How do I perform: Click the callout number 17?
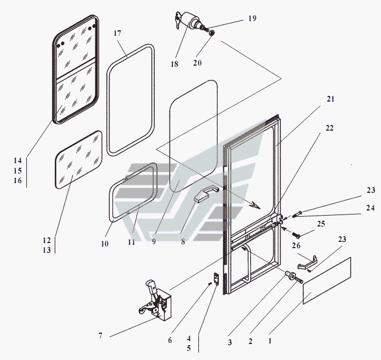coord(117,33)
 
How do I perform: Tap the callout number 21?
coord(331,99)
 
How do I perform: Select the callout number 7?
coord(101,335)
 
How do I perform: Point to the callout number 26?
coord(296,246)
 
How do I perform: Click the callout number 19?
coord(252,18)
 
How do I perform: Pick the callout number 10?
coord(105,244)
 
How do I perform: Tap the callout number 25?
coord(321,224)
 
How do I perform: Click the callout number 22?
coord(330,128)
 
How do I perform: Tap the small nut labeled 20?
coord(212,33)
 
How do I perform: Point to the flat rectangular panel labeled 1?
coord(327,281)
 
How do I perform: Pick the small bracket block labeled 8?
coord(206,194)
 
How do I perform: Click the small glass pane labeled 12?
coord(79,160)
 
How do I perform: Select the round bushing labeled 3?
coord(291,276)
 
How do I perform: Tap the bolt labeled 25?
coord(296,234)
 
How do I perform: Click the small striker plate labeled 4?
coord(216,278)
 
